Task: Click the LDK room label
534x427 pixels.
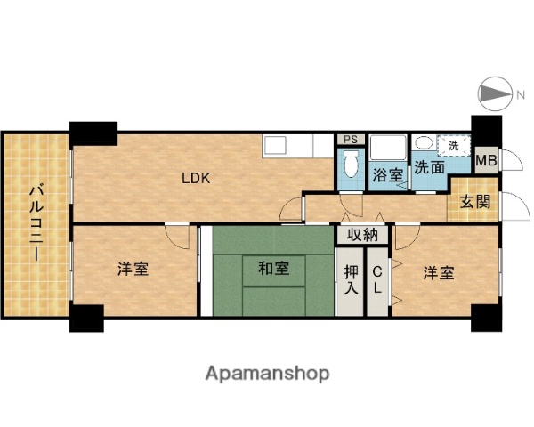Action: tap(196, 178)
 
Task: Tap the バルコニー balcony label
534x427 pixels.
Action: tap(36, 222)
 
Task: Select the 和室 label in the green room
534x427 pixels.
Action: tap(273, 267)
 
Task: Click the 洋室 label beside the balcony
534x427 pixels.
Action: tap(133, 270)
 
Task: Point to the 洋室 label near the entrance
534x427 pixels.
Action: tap(438, 272)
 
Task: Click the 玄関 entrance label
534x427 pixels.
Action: tap(474, 201)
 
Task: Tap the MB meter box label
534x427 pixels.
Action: tap(485, 161)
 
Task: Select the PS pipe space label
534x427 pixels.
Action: tap(350, 139)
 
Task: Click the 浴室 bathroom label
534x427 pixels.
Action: tap(387, 175)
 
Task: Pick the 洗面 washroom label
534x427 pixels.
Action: tap(430, 165)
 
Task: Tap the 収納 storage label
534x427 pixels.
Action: tap(362, 235)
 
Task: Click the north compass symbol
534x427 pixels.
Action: tap(492, 94)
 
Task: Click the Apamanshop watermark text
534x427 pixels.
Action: tap(267, 373)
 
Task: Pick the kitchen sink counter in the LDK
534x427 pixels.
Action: tap(298, 144)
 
